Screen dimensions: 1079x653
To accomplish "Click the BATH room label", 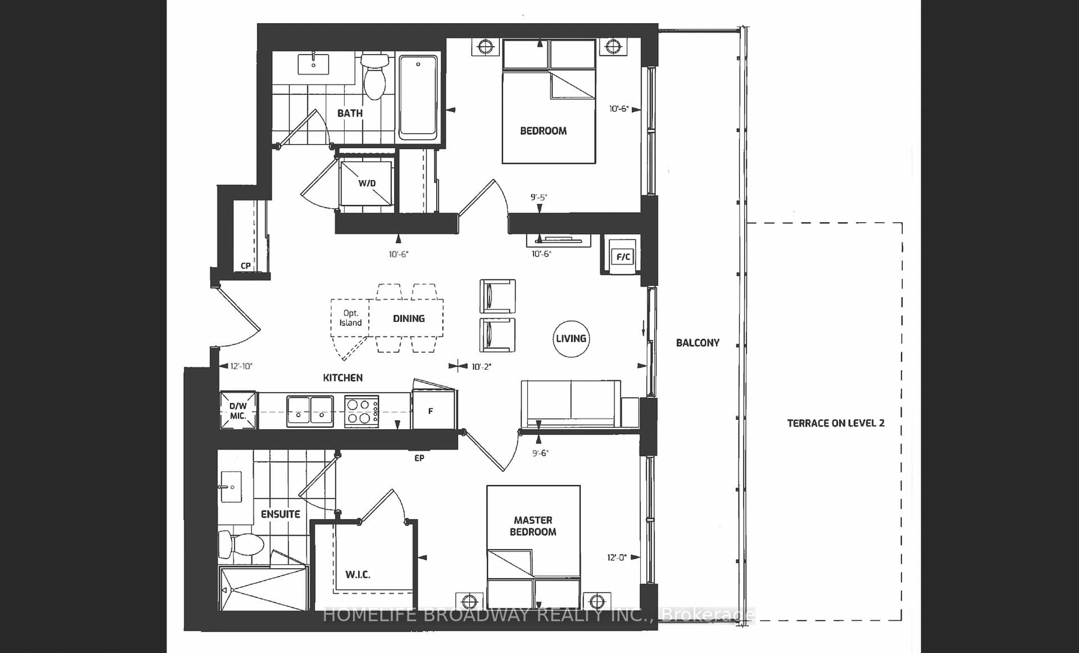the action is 350,113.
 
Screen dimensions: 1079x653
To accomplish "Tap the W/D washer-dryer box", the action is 366,183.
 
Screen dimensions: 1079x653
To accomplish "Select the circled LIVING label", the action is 571,338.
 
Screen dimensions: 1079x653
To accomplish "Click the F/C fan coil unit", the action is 623,256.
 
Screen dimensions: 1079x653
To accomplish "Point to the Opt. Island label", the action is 350,318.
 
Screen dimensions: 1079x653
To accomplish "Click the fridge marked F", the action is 434,410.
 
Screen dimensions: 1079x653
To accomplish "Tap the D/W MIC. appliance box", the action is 238,411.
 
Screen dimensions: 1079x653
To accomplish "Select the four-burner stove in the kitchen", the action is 362,411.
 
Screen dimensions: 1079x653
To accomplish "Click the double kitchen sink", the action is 310,411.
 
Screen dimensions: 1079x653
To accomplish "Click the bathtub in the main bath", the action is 418,97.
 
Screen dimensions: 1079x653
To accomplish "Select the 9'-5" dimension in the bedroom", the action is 539,197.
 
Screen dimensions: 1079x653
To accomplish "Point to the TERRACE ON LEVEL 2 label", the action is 836,423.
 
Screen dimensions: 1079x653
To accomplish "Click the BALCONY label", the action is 698,343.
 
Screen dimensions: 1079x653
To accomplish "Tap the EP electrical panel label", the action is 419,458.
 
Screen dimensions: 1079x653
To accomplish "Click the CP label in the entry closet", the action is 246,265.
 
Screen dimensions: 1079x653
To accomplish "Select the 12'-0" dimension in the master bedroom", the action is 617,557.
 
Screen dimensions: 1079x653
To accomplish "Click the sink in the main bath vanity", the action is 313,64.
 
